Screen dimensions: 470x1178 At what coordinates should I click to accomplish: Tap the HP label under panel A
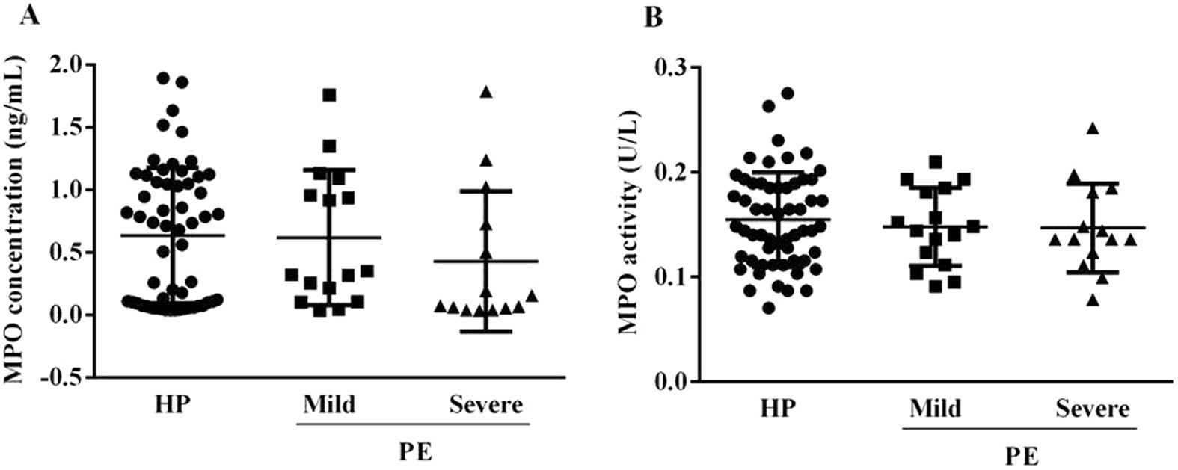pos(173,405)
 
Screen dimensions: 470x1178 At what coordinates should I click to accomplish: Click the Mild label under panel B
pos(936,409)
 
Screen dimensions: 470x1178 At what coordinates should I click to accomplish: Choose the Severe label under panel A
pos(485,405)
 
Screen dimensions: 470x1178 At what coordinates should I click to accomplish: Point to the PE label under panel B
pos(1020,455)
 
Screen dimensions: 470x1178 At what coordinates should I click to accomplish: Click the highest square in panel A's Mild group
pos(329,95)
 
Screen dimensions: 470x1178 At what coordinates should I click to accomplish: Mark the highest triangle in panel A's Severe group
pos(486,92)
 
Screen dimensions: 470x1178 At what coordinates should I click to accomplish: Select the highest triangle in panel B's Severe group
pos(1092,129)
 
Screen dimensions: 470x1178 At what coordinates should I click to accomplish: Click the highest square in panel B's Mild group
pos(935,161)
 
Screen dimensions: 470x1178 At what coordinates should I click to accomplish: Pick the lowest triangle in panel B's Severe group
pos(1092,300)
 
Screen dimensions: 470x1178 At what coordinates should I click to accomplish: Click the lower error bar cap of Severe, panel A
pos(486,331)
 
